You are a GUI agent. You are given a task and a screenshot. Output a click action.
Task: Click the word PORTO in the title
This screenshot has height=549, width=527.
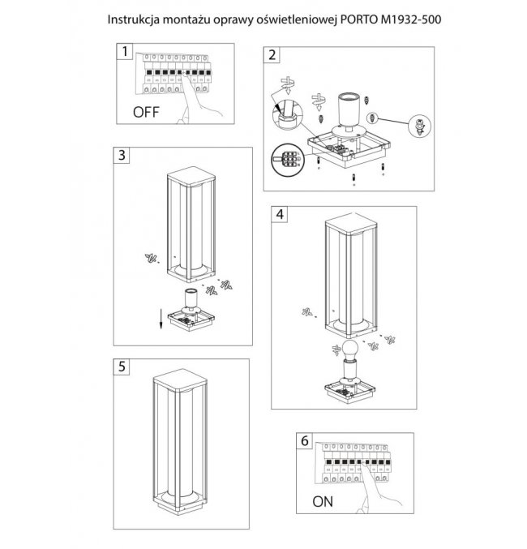(x=359, y=19)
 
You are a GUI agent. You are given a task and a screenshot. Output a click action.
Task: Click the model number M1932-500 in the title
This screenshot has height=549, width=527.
(x=411, y=19)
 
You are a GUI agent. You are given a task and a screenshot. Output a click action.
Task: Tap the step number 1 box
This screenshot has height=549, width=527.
(x=125, y=51)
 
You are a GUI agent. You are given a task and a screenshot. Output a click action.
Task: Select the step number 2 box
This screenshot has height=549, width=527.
(x=272, y=55)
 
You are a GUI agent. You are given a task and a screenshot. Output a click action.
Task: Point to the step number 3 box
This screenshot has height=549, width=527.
(x=122, y=155)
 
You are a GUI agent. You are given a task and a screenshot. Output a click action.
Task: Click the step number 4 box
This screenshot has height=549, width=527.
(x=280, y=214)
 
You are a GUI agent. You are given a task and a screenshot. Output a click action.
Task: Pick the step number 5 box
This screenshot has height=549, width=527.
(x=122, y=367)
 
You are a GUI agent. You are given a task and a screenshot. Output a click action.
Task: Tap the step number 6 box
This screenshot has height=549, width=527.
(x=305, y=441)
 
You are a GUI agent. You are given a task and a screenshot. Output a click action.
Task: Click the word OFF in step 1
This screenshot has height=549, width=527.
(x=146, y=113)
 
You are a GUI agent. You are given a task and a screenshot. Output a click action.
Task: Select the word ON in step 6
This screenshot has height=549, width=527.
(x=323, y=502)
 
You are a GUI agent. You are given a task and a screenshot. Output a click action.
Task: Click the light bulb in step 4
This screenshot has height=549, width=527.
(x=349, y=350)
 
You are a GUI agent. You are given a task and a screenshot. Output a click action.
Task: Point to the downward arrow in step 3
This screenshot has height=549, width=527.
(x=161, y=319)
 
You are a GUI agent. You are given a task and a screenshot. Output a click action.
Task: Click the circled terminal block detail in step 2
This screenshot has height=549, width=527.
(x=287, y=160)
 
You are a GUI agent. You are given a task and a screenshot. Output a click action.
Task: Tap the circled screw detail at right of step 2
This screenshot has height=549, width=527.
(x=419, y=126)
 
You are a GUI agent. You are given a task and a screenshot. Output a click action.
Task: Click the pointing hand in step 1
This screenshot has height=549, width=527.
(x=199, y=100)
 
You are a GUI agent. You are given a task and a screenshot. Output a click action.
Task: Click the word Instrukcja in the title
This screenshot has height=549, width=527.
(x=134, y=20)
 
